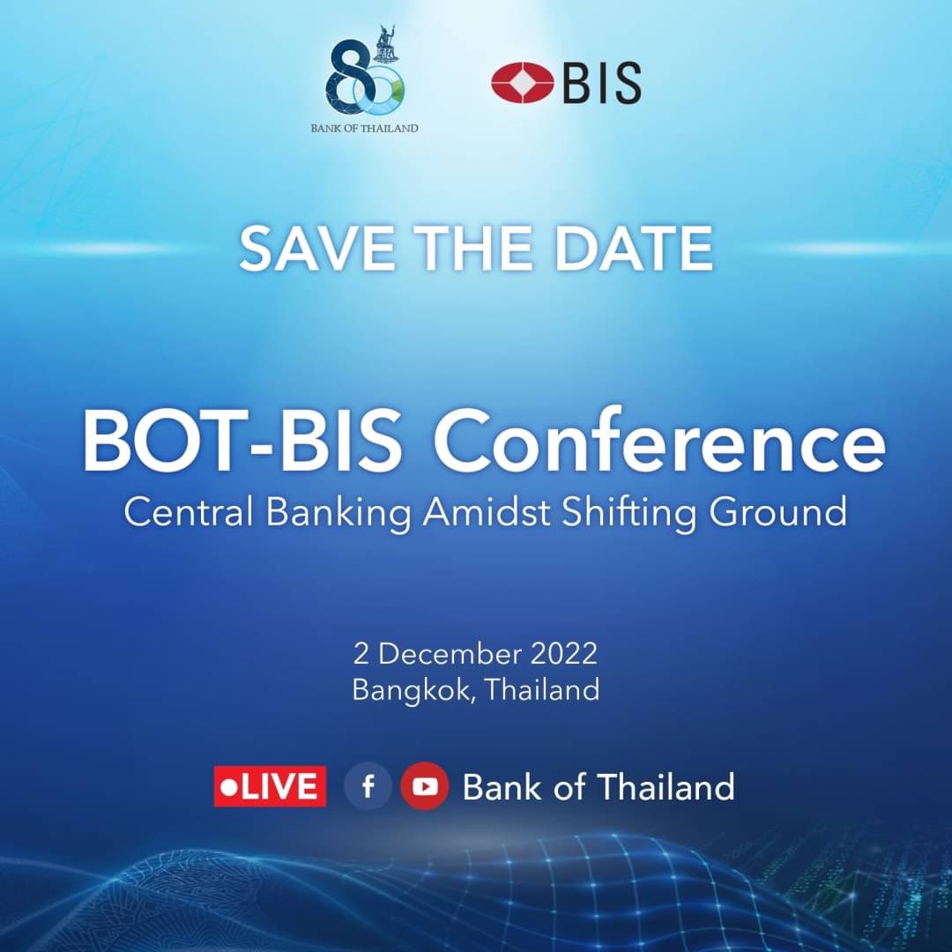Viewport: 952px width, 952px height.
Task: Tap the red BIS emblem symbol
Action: pos(522,83)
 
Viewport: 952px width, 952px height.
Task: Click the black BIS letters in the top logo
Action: pos(601,84)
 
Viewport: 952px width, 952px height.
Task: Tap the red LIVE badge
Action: pos(270,786)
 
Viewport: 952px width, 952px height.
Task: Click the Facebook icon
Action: pos(368,786)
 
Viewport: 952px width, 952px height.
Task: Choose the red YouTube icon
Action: pos(425,786)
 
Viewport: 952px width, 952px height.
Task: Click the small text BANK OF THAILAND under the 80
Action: pos(364,128)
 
